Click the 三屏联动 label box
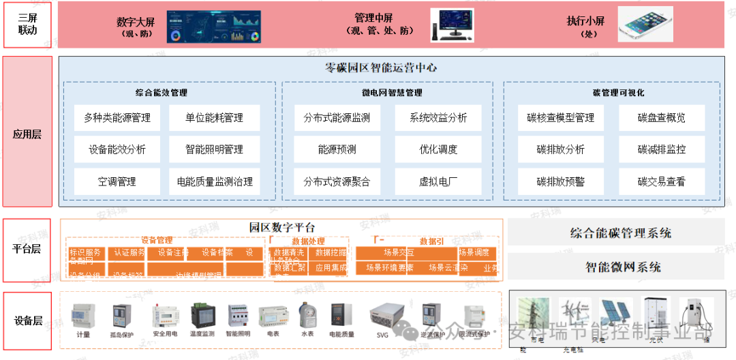(x=28, y=25)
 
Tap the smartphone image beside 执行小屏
(x=645, y=25)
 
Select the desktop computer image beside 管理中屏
(x=452, y=25)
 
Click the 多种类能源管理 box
(x=117, y=118)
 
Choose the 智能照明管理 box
(x=214, y=149)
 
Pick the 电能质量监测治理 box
(x=214, y=182)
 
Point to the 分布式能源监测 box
(x=337, y=118)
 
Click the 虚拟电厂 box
(x=438, y=182)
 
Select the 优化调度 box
(x=438, y=149)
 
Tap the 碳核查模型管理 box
(x=560, y=118)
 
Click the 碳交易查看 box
(x=661, y=182)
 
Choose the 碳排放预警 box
(x=560, y=182)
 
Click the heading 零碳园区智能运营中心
(x=381, y=67)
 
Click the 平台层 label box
(x=28, y=249)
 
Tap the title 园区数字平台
(x=281, y=227)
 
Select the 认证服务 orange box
(x=127, y=253)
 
